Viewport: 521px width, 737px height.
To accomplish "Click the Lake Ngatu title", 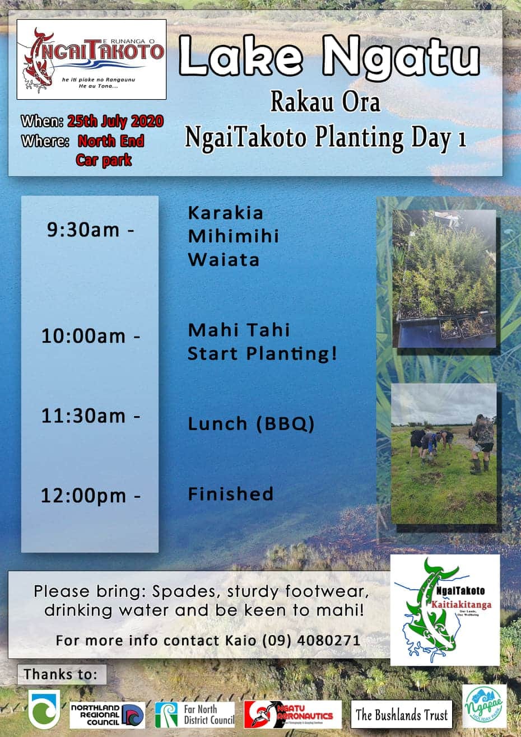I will [x=329, y=57].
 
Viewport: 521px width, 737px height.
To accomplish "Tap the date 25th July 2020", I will [x=115, y=121].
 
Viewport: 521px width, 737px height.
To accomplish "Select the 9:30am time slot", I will [x=90, y=230].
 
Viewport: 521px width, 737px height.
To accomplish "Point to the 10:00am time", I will [x=90, y=337].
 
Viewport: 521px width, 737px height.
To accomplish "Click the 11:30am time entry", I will [x=90, y=416].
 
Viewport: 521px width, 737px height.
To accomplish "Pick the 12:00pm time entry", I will [x=90, y=496].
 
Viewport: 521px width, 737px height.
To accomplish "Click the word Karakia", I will [x=226, y=213].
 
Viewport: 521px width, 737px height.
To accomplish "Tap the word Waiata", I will [x=224, y=260].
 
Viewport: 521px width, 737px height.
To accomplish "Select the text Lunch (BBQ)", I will [x=251, y=424].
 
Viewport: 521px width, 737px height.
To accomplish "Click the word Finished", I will [x=231, y=494].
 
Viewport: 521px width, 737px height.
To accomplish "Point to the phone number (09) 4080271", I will [x=311, y=640].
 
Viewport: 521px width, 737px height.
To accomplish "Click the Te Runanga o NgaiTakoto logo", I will [x=91, y=59].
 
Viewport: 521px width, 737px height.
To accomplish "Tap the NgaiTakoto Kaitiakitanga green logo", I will [x=445, y=609].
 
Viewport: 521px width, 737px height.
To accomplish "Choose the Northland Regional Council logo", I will [x=104, y=715].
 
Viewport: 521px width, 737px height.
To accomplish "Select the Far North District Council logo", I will [x=195, y=715].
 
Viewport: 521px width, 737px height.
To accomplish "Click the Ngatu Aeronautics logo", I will [x=292, y=715].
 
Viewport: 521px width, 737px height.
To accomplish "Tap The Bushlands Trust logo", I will [x=402, y=715].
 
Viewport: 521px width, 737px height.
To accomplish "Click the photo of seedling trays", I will [x=444, y=278].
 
